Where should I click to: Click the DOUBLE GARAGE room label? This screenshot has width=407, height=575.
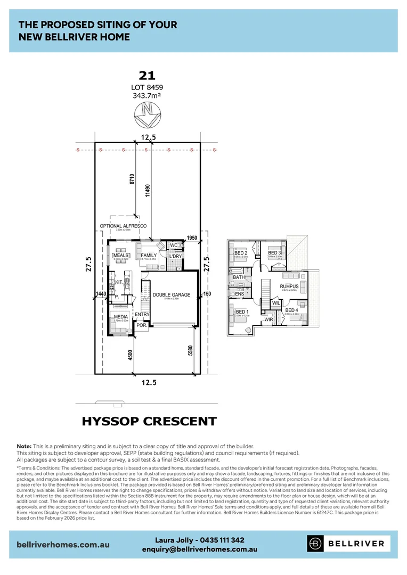click(x=171, y=294)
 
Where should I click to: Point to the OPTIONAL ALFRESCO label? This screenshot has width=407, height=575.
click(x=123, y=226)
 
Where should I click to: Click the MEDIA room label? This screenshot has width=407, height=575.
click(x=121, y=317)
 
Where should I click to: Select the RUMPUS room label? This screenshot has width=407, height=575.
click(x=289, y=286)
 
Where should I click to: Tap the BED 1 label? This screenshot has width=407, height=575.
click(x=241, y=312)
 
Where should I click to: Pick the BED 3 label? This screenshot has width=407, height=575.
click(x=274, y=253)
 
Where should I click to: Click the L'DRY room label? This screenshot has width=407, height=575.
click(x=175, y=257)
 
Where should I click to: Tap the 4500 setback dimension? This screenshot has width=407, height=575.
click(x=129, y=355)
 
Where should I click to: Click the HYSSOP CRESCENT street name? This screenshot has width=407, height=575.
click(x=149, y=422)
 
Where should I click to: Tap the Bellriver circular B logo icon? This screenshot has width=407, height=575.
click(x=316, y=544)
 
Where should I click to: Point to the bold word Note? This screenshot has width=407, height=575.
click(x=25, y=446)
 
